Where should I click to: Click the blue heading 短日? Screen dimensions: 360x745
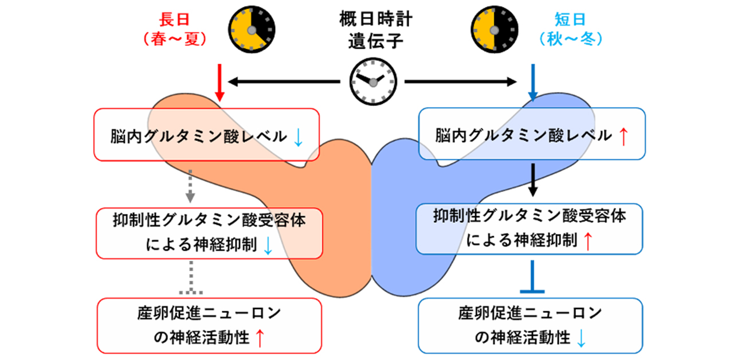click(570, 20)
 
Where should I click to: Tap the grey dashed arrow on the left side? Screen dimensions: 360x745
click(190, 186)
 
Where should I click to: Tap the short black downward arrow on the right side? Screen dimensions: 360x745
click(533, 181)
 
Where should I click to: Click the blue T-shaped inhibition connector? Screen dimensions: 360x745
click(533, 278)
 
